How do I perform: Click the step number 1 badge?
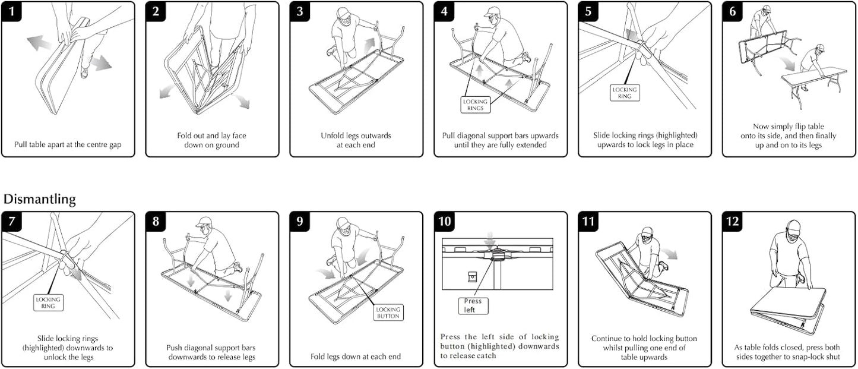point(11,11)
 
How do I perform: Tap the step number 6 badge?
point(732,11)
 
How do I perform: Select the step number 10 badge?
point(444,222)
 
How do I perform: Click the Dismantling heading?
point(40,199)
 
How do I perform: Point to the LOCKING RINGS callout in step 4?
point(475,105)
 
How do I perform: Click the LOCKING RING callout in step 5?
point(624,93)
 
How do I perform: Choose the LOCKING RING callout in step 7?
point(48,302)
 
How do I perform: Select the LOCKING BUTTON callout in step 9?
point(388,313)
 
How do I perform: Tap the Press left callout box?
point(474,305)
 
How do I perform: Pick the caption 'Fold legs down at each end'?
point(356,357)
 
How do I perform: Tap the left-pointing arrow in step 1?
point(39,42)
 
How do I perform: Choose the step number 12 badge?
point(732,222)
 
